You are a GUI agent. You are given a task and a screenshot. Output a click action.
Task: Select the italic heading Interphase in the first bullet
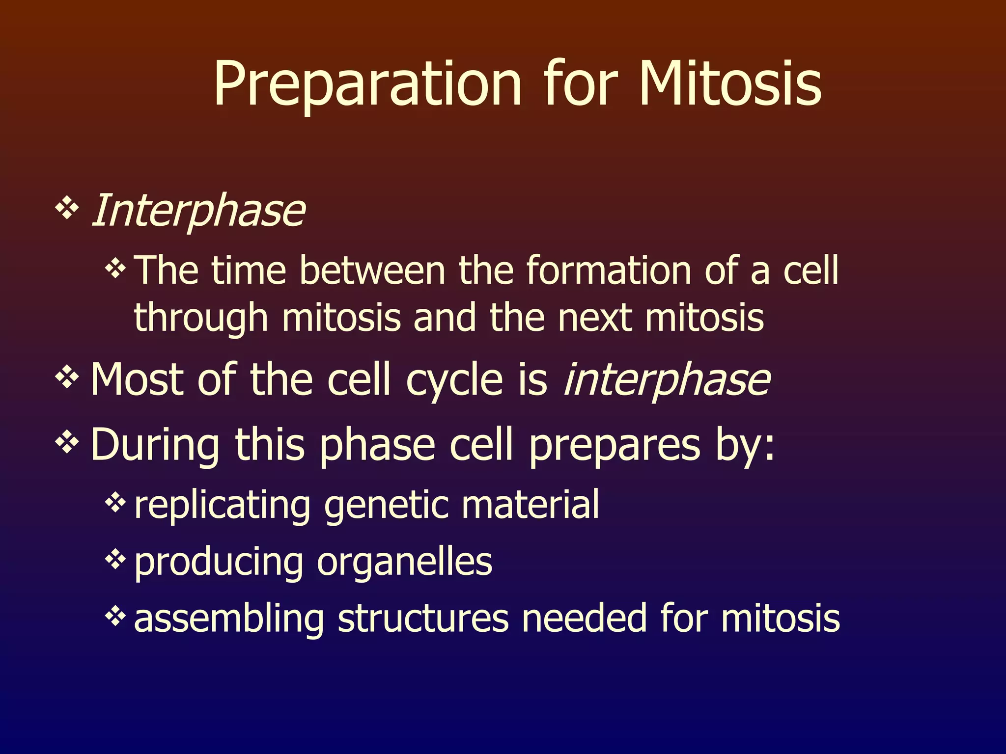(198, 211)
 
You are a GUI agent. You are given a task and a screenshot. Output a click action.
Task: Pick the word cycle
(454, 380)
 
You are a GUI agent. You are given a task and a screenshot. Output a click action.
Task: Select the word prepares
(614, 446)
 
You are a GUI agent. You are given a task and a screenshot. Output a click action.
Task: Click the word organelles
(404, 562)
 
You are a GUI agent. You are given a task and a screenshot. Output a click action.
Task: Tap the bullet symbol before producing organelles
(115, 559)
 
